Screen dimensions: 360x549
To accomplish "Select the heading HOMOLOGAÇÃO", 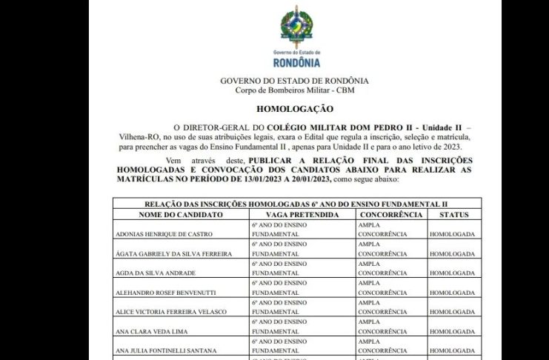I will click(294, 108).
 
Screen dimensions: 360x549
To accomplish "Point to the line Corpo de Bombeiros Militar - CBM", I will click(295, 90).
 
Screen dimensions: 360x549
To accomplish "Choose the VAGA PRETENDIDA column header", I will click(296, 214).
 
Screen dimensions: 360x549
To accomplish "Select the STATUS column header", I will click(454, 214).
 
